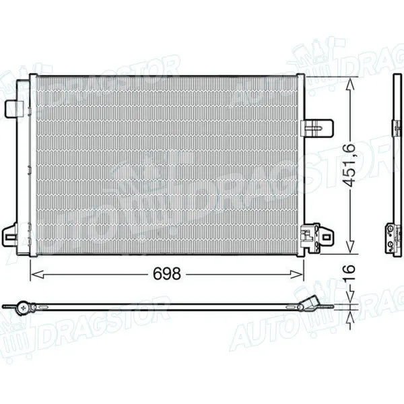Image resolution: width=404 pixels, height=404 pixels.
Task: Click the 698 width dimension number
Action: [x=166, y=273]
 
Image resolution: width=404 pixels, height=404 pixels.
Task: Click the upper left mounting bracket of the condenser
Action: [x=13, y=107]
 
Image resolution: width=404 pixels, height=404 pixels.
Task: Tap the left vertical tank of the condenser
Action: [x=31, y=165]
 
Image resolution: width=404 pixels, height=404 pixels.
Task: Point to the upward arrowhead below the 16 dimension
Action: [x=349, y=315]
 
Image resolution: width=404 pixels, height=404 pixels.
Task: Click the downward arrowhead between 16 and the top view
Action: [x=349, y=299]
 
